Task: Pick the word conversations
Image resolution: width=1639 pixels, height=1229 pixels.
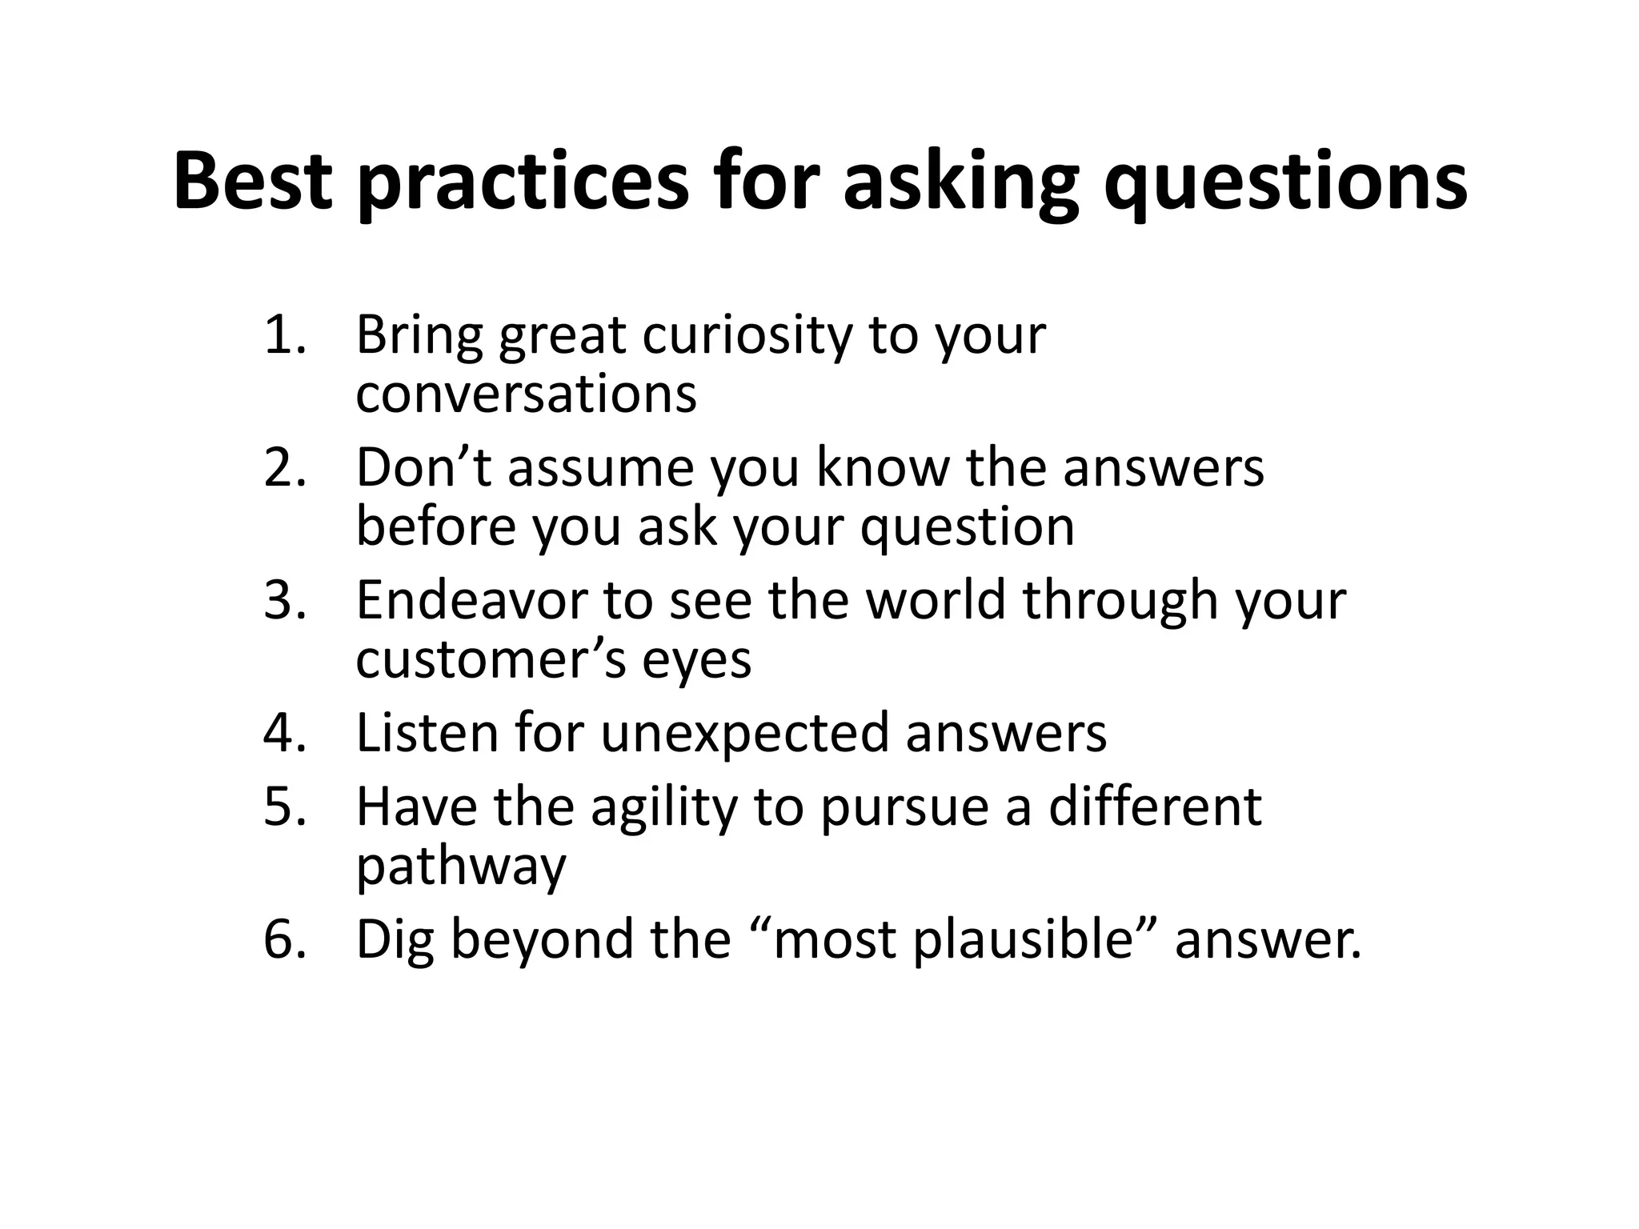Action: click(526, 394)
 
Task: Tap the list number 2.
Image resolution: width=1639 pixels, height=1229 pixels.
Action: click(285, 467)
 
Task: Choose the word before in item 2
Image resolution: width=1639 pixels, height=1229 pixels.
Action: click(435, 526)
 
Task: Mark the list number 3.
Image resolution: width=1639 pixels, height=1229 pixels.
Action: click(285, 600)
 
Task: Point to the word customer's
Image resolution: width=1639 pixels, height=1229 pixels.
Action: click(491, 660)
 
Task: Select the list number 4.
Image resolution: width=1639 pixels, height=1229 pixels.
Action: click(285, 733)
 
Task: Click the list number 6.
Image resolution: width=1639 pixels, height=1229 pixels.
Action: click(285, 939)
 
